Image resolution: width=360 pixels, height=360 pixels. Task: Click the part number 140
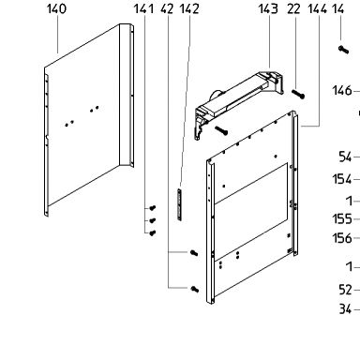point(56,8)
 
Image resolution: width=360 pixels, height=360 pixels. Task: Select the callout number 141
point(143,8)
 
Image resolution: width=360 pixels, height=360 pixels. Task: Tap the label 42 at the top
point(167,8)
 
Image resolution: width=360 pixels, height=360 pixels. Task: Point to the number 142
point(189,8)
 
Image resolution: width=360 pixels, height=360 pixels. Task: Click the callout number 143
point(268,8)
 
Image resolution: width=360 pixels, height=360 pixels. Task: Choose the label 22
point(293,8)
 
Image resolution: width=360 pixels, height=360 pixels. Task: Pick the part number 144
point(318,8)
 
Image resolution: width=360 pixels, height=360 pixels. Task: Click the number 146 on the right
point(342,91)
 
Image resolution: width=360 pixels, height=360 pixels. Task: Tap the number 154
point(342,179)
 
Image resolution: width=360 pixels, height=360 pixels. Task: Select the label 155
point(342,219)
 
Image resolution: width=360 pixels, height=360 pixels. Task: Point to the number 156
point(342,238)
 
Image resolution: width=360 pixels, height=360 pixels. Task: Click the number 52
point(345,290)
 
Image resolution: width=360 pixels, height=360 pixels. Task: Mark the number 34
point(345,309)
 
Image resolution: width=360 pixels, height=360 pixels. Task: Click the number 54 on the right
point(345,157)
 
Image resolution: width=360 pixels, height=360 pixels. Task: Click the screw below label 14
point(343,50)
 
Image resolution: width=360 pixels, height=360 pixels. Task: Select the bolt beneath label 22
point(298,94)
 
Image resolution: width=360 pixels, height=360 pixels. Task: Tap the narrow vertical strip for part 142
point(179,204)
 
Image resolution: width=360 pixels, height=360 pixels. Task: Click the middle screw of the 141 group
point(153,220)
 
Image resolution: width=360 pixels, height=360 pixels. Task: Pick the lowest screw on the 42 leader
point(195,290)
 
